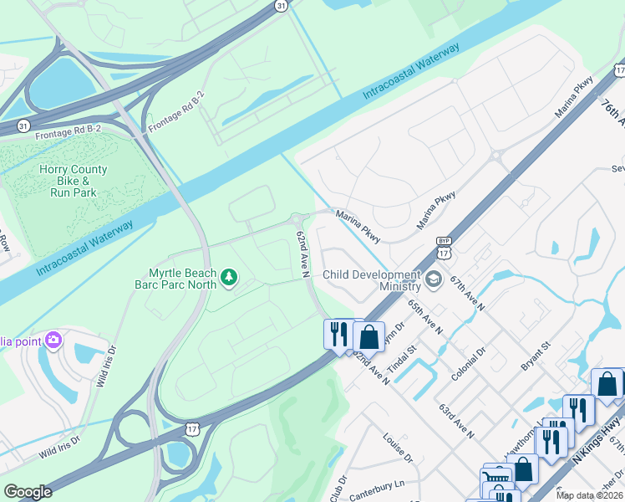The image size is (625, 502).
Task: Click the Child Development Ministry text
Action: [x=371, y=280]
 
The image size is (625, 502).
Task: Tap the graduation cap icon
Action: [x=434, y=279]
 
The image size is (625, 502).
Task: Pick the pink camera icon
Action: [x=54, y=340]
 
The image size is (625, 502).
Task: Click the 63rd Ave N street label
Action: [x=456, y=419]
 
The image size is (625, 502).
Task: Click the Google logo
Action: [x=28, y=492]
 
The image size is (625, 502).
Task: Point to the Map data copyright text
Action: [x=589, y=495]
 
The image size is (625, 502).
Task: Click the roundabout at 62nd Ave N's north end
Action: [x=298, y=220]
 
